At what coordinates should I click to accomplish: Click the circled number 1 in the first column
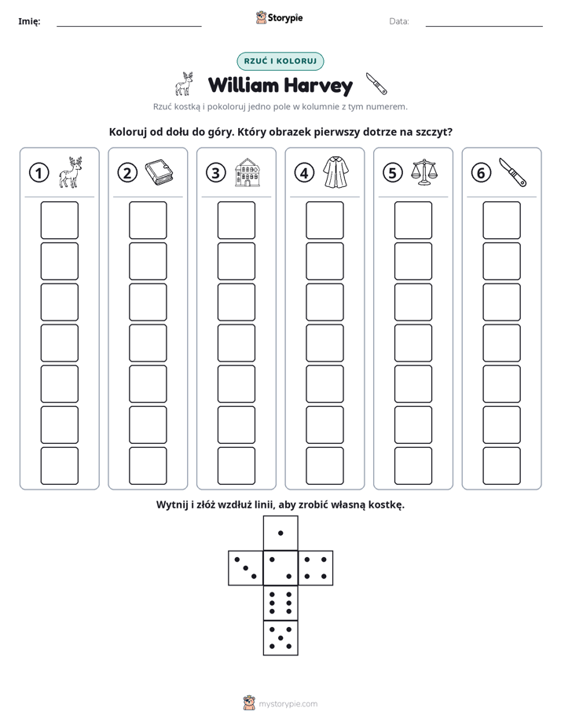38,173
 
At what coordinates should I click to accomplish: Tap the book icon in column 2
159,173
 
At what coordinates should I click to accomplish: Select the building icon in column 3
247,172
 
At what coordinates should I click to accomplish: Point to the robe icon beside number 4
336,172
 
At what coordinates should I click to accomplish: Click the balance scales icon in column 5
424,172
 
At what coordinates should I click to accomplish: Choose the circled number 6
481,173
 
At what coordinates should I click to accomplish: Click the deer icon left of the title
184,84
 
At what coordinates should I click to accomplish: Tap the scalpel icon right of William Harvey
376,84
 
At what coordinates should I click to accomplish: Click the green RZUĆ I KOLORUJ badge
280,61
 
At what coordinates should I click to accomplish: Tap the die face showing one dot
280,533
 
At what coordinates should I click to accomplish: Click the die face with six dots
280,603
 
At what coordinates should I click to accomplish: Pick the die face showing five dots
280,637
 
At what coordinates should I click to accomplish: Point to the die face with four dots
316,567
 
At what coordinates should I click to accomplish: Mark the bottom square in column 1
59,466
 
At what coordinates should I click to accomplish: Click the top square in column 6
502,220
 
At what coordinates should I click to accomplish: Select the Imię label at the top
29,21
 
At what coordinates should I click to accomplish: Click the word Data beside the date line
399,21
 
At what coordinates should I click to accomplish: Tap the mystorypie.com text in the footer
288,704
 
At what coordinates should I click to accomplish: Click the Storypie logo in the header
279,17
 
